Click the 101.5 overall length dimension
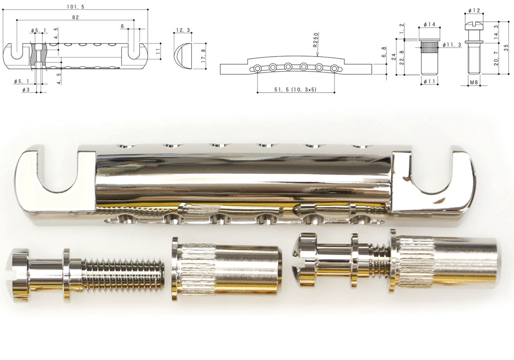[75, 7]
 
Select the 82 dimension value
[75, 17]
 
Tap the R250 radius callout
[316, 40]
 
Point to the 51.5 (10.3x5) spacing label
[295, 90]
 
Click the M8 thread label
[474, 82]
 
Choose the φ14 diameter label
[429, 24]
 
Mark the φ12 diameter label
[474, 10]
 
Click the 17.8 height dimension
[203, 56]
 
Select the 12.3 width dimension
[183, 30]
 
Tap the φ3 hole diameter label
[26, 90]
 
